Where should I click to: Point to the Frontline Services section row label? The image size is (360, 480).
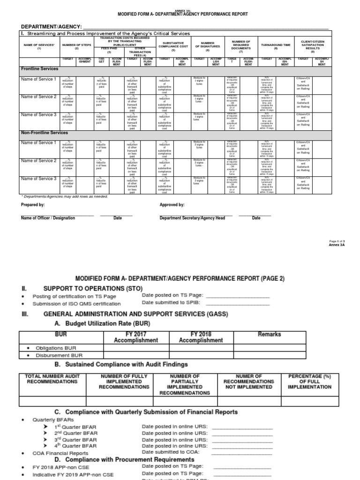pyautogui.click(x=39, y=69)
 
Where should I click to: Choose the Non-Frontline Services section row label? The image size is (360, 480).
pyautogui.click(x=45, y=133)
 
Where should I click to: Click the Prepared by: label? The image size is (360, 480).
pyautogui.click(x=33, y=205)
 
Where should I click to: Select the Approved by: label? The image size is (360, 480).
pyautogui.click(x=172, y=205)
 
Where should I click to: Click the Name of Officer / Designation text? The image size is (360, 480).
pyautogui.click(x=48, y=218)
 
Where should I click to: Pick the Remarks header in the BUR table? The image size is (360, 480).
pyautogui.click(x=269, y=334)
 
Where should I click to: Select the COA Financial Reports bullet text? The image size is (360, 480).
pyautogui.click(x=60, y=453)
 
